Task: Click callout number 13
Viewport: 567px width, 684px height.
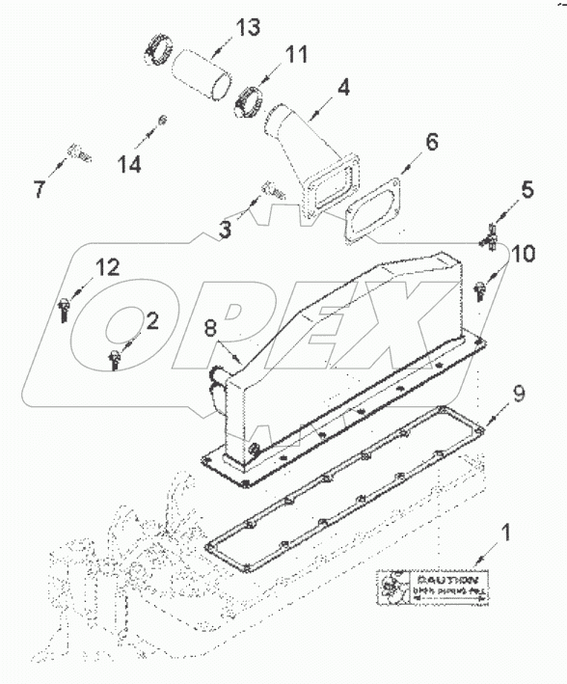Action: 248,27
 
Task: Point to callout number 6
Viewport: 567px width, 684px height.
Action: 432,142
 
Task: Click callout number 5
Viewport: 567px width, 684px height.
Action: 526,190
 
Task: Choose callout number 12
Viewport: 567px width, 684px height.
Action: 107,267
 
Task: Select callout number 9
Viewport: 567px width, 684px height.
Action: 518,392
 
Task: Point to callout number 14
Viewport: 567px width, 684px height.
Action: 130,164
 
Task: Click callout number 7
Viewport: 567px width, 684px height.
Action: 40,189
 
